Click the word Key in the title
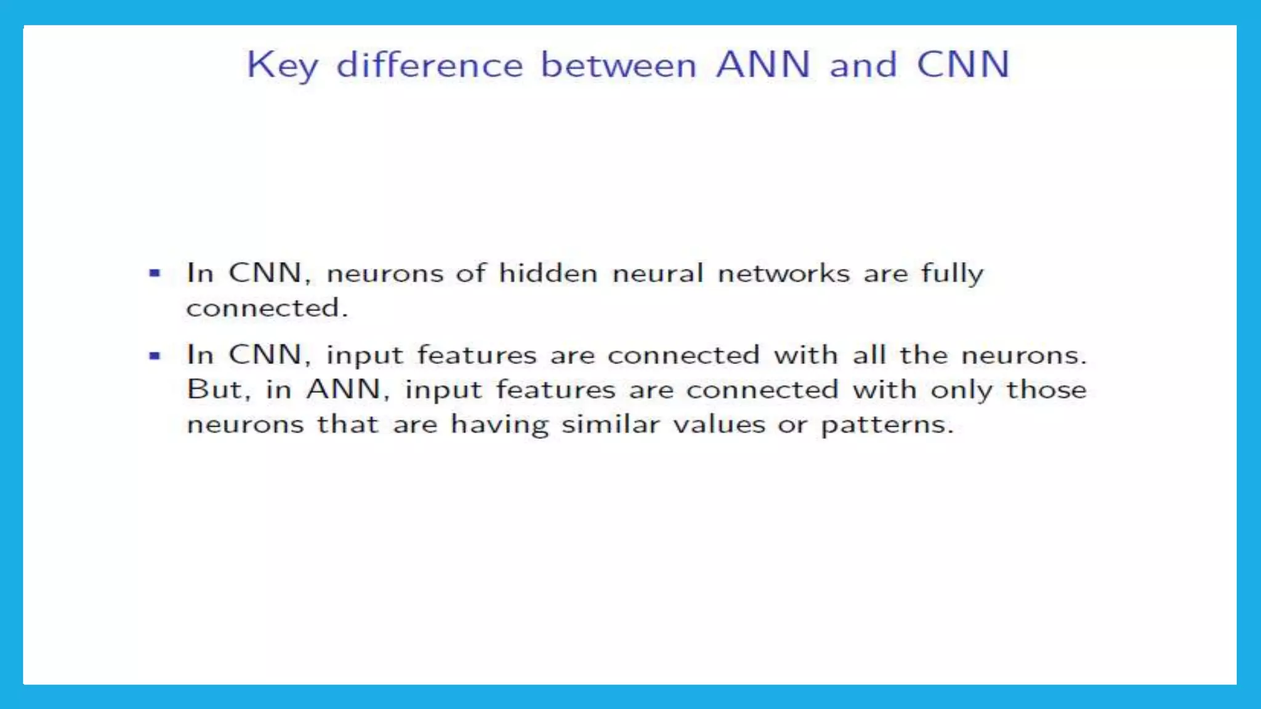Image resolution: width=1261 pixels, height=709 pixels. [x=282, y=65]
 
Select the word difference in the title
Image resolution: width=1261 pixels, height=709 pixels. [x=429, y=65]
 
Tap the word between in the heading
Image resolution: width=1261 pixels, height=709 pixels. [x=618, y=65]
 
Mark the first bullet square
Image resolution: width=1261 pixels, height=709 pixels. [x=155, y=273]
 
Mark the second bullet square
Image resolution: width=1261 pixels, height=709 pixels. [x=155, y=355]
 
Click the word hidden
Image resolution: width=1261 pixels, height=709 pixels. [x=548, y=273]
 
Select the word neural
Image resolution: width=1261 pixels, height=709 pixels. [x=658, y=273]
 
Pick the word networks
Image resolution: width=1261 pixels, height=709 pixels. [x=784, y=273]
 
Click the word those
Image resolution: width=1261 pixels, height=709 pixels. [x=1046, y=390]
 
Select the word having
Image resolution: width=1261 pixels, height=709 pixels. [x=499, y=425]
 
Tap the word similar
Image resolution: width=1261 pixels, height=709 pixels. [x=610, y=424]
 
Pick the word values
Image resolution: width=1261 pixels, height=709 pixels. [x=719, y=425]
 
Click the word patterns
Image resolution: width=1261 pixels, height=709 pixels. [x=887, y=425]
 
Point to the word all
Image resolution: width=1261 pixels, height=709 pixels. [x=869, y=354]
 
